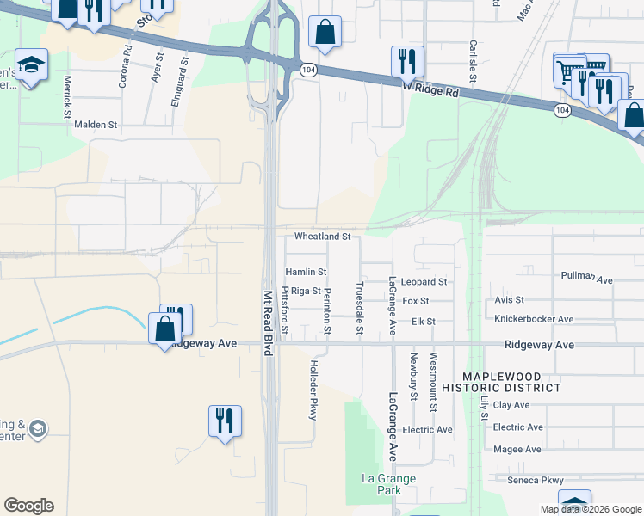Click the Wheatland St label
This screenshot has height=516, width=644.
click(323, 236)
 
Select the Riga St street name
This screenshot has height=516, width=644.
click(306, 292)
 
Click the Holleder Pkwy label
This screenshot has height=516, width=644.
click(313, 390)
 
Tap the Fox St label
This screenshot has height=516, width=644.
click(416, 301)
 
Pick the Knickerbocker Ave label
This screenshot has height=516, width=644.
click(534, 319)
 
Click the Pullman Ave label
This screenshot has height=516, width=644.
click(585, 279)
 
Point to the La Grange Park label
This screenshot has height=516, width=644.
click(388, 484)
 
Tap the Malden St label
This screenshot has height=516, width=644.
click(95, 125)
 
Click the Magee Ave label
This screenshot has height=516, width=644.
click(517, 449)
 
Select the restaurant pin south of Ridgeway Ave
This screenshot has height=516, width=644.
click(224, 421)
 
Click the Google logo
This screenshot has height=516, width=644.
click(28, 506)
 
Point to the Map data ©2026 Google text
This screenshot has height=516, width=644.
click(591, 509)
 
